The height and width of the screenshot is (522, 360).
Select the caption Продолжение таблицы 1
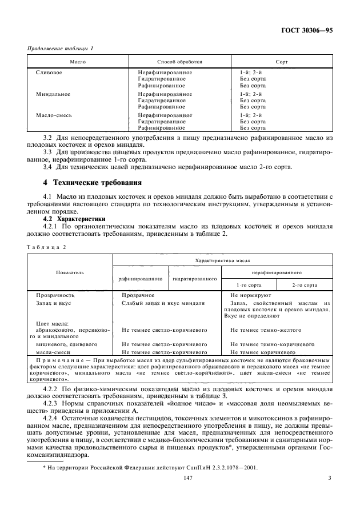click(60, 49)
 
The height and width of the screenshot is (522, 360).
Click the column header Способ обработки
click(179, 61)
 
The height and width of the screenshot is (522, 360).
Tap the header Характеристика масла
click(223, 260)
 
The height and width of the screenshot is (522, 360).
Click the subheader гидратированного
click(195, 279)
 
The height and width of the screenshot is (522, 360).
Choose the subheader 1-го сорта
click(249, 284)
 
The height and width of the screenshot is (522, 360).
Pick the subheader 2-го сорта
click(305, 284)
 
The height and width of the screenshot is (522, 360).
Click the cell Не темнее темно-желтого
click(266, 330)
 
